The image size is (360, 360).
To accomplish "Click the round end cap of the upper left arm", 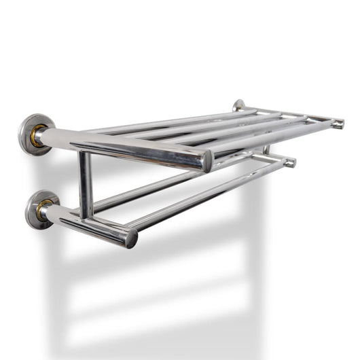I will (206, 162).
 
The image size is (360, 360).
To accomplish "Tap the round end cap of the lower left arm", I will (131, 238).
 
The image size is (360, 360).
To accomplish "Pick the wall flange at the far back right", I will (238, 105).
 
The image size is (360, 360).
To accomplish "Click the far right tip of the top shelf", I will (338, 124).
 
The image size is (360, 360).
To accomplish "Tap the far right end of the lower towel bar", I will (290, 163).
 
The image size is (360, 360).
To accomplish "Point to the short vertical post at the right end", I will (266, 150).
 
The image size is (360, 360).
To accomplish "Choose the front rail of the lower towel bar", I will (204, 194).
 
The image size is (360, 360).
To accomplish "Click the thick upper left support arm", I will (122, 146).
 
